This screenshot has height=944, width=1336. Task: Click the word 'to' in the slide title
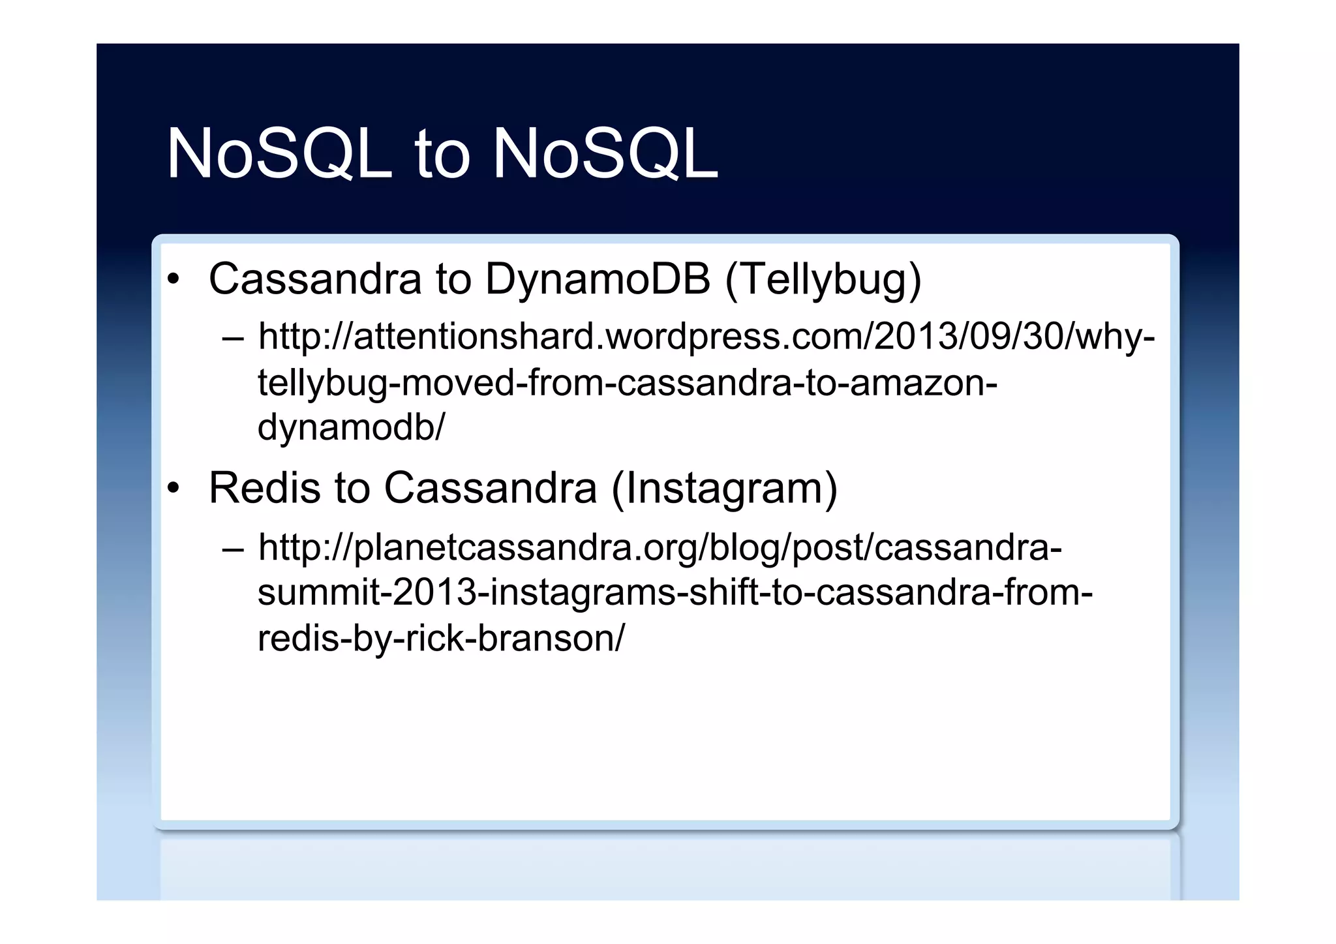(x=442, y=155)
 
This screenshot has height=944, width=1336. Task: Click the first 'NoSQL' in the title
(x=279, y=155)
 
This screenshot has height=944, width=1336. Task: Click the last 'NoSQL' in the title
(x=605, y=155)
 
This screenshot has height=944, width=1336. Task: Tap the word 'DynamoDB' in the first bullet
(x=598, y=279)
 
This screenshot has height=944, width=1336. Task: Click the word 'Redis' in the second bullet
(x=264, y=488)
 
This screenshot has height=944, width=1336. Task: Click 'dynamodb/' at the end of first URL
(x=351, y=428)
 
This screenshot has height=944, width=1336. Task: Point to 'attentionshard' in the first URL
(x=478, y=337)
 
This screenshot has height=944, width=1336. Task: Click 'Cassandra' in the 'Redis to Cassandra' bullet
(x=490, y=488)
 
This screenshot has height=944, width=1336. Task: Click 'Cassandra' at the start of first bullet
(x=315, y=279)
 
